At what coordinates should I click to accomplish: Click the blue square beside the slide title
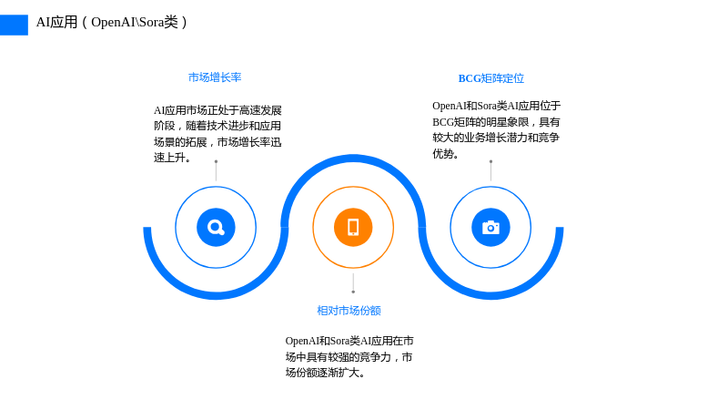(x=14, y=26)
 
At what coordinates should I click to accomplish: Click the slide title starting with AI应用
(x=111, y=22)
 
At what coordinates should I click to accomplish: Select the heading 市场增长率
(x=215, y=77)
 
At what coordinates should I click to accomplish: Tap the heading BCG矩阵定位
(x=491, y=78)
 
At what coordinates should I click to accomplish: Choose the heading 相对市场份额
(x=349, y=311)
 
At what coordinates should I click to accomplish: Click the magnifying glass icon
(x=216, y=227)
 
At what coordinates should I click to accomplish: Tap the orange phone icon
(x=353, y=227)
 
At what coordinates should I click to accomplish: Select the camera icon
(x=490, y=227)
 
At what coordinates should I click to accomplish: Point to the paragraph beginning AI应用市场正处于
(x=217, y=134)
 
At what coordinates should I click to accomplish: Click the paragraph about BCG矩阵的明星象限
(x=496, y=129)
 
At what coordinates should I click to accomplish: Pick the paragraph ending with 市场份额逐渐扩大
(x=349, y=356)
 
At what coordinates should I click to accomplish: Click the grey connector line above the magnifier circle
(x=216, y=171)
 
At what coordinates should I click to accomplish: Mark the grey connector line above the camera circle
(x=490, y=171)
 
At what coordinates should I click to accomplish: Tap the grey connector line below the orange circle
(x=353, y=283)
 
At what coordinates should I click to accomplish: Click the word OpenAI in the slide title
(x=113, y=22)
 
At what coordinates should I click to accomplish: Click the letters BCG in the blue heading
(x=470, y=78)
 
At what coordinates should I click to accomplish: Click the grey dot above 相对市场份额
(x=353, y=292)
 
